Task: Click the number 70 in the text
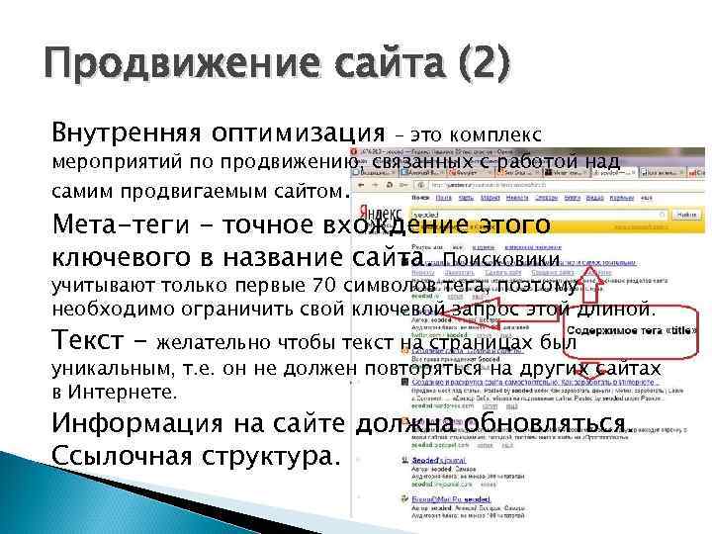click(327, 287)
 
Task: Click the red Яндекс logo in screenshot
click(379, 212)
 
